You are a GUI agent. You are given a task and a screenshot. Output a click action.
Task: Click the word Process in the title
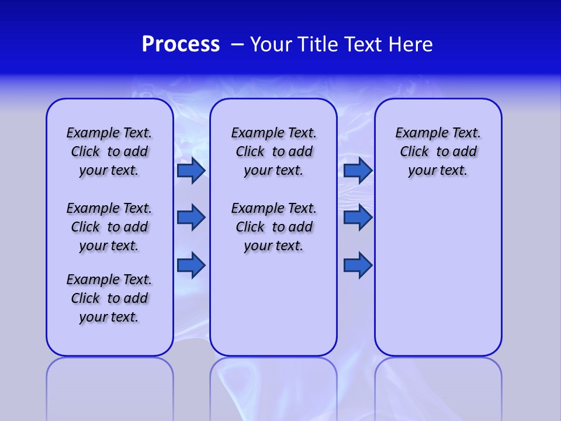pyautogui.click(x=181, y=44)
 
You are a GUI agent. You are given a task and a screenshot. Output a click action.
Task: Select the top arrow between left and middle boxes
pyautogui.click(x=191, y=170)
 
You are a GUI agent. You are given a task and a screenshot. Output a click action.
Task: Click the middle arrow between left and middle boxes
pyautogui.click(x=191, y=218)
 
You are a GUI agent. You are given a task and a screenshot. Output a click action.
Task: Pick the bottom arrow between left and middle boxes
pyautogui.click(x=191, y=265)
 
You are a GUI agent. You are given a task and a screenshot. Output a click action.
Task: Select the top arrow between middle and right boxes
pyautogui.click(x=358, y=170)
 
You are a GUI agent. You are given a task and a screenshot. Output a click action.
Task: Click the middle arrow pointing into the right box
pyautogui.click(x=358, y=218)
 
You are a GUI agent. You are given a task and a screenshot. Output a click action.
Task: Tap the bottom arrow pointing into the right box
pyautogui.click(x=358, y=265)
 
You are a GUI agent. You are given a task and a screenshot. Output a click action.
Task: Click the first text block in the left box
pyautogui.click(x=109, y=151)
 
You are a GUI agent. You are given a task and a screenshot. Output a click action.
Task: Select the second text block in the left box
pyautogui.click(x=109, y=227)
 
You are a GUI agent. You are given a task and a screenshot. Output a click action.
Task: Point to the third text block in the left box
pyautogui.click(x=109, y=298)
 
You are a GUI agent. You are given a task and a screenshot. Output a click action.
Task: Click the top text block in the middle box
pyautogui.click(x=273, y=151)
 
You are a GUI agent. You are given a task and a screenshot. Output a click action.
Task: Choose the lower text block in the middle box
pyautogui.click(x=273, y=227)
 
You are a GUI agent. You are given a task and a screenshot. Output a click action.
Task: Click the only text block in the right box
pyautogui.click(x=438, y=151)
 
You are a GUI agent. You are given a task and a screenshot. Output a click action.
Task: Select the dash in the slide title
pyautogui.click(x=238, y=44)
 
